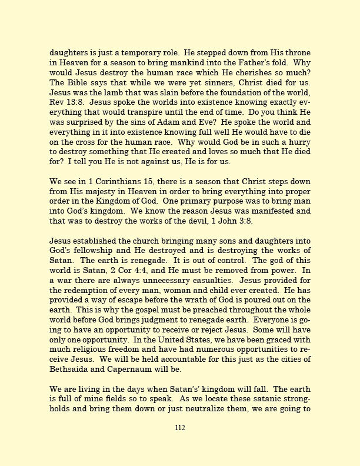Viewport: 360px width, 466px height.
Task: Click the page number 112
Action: pos(180,428)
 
